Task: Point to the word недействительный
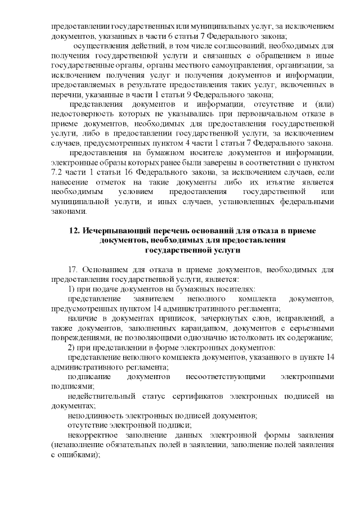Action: point(99,396)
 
